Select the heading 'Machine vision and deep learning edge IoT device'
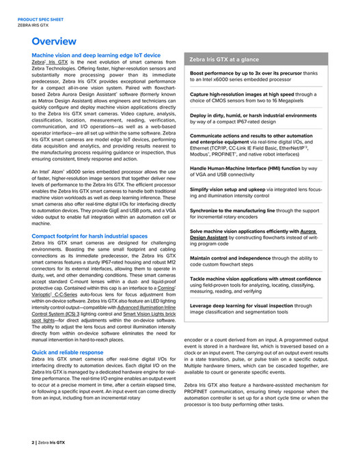pyautogui.click(x=96, y=55)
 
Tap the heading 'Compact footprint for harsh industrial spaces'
pyautogui.click(x=89, y=236)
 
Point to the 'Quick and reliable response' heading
pyautogui.click(x=67, y=352)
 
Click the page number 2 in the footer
pyautogui.click(x=33, y=442)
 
